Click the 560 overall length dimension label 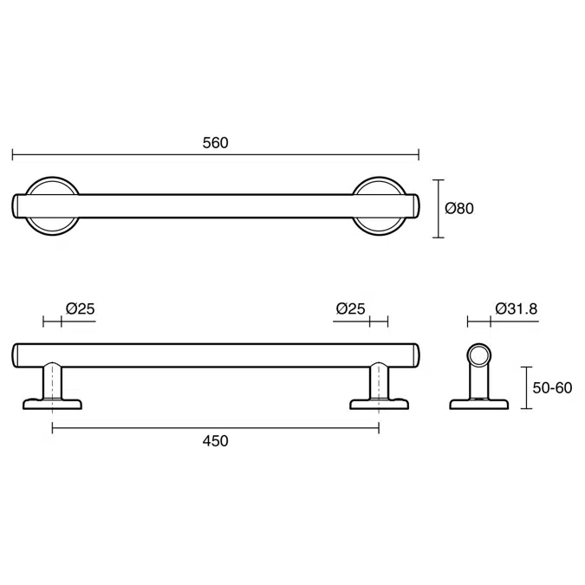point(215,143)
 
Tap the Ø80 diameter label point(459,208)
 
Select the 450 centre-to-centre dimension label point(215,441)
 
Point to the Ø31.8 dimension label point(517,309)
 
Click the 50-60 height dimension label point(552,388)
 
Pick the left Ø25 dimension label point(81,309)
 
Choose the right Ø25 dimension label point(350,309)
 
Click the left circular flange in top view point(52,206)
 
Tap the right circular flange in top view point(380,206)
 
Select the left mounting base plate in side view point(52,404)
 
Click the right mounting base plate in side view point(380,404)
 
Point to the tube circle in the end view point(479,354)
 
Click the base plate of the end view point(479,405)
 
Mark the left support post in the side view point(52,380)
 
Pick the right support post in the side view point(379,380)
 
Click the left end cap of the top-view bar point(16,206)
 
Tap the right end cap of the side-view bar point(416,355)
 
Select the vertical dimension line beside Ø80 point(439,209)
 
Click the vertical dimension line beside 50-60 point(526,388)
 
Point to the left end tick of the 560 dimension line point(13,154)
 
